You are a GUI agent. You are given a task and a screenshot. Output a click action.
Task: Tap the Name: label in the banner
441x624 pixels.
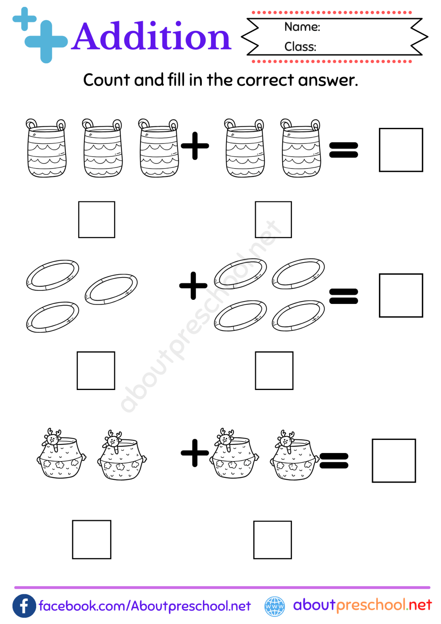302,27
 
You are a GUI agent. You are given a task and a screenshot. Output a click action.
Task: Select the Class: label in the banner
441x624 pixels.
300,47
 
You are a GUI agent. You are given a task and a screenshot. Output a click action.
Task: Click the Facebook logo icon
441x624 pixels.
24,606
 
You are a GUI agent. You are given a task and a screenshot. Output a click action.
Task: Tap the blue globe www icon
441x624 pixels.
275,606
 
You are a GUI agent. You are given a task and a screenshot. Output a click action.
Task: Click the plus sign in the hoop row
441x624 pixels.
193,286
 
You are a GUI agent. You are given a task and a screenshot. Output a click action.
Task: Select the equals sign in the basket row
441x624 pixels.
344,150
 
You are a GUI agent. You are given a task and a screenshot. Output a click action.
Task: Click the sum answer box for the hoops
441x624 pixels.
401,295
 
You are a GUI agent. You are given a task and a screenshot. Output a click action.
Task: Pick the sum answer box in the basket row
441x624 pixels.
401,150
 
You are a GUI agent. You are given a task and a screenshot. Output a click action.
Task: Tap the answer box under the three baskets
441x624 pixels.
97,219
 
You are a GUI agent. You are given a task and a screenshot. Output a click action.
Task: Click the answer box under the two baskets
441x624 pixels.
273,219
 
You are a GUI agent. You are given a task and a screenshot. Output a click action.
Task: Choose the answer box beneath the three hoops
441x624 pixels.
96,370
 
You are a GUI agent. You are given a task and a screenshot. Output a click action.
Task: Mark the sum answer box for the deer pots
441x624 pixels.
394,460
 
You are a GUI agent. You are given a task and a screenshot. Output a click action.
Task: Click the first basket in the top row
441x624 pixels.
46,148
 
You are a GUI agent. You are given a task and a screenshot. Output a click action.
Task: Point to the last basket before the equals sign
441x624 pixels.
301,148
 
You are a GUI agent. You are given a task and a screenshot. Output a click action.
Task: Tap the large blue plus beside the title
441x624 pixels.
46,41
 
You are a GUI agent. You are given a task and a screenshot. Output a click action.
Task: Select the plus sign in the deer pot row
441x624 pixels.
195,453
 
